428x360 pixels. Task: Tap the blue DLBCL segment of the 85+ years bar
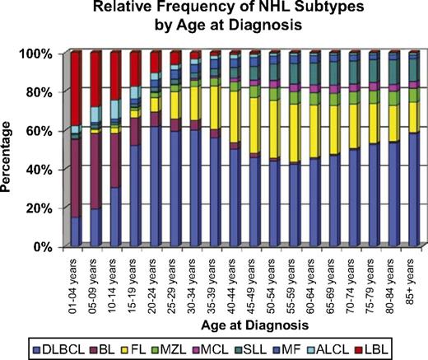pyautogui.click(x=412, y=189)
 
